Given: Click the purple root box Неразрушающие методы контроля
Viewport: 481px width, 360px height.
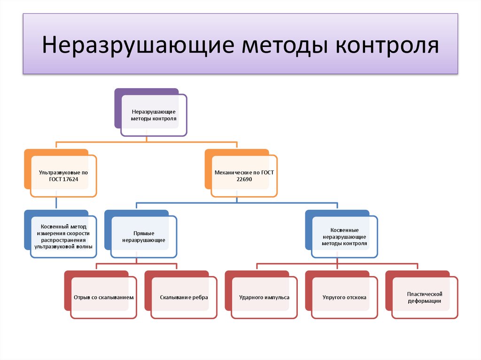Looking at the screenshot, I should click(x=154, y=115).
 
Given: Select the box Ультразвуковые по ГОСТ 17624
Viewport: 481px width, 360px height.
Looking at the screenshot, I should click(x=63, y=176).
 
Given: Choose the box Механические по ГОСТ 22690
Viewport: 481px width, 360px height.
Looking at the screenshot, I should click(x=244, y=176).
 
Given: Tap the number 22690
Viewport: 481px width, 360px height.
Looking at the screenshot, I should click(x=244, y=179).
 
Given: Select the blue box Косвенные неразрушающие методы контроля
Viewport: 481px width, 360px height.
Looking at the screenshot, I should click(x=344, y=237).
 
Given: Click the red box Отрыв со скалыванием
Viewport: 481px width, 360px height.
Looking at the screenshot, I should click(x=104, y=298).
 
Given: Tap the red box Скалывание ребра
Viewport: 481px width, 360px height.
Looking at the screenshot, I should click(x=184, y=298).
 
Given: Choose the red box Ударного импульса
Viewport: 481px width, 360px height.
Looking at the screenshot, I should click(x=264, y=298).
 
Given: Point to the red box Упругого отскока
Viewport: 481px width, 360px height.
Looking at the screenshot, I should click(x=344, y=298).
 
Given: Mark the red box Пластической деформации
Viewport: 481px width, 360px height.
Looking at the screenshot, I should click(x=425, y=298).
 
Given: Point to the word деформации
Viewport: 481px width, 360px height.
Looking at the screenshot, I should click(x=425, y=301).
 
